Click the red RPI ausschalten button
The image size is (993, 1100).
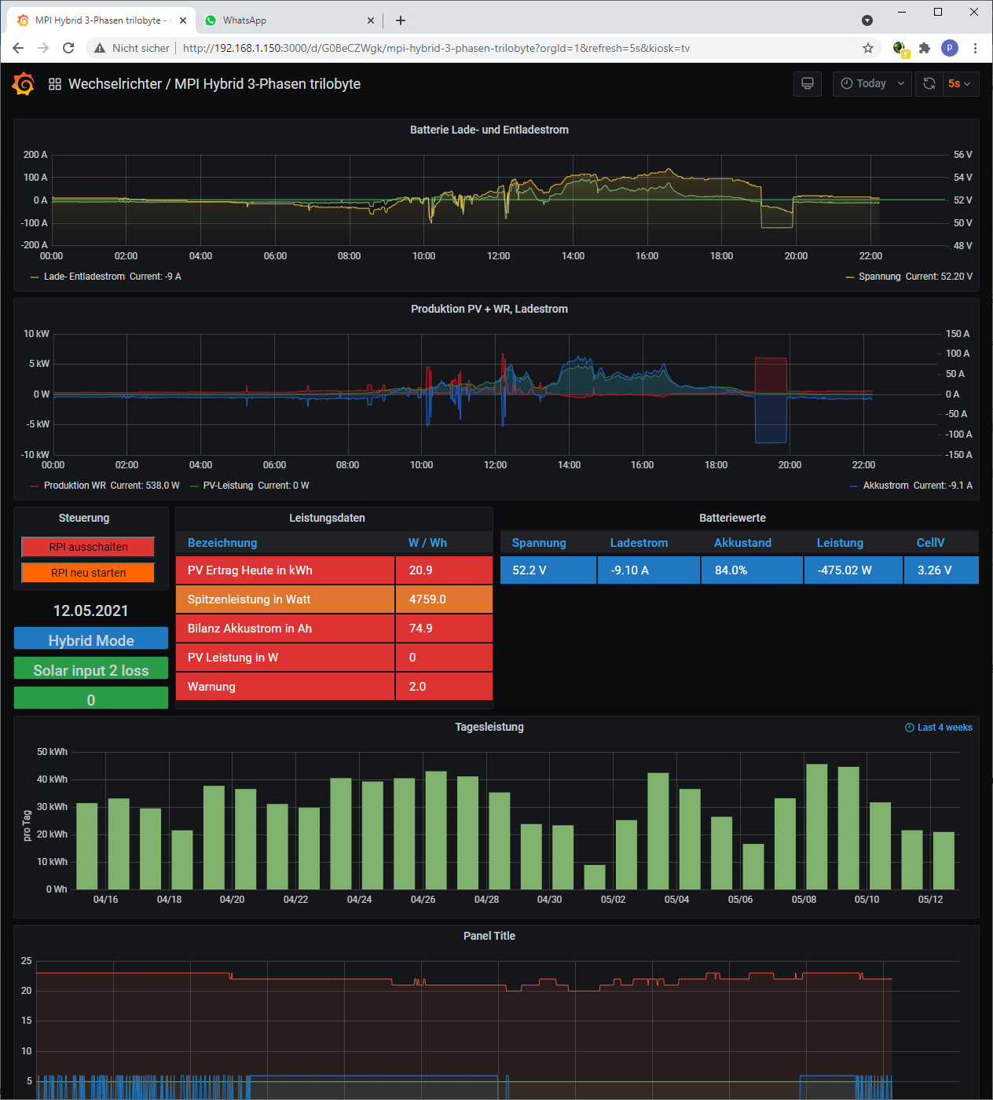[88, 547]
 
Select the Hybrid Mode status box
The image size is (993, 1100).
[91, 640]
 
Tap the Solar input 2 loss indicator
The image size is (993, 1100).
[91, 670]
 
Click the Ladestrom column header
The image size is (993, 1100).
[639, 543]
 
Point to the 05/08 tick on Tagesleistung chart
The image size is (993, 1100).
[804, 900]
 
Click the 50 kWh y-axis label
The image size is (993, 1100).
[52, 752]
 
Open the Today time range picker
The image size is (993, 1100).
[872, 83]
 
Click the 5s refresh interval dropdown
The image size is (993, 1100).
[959, 83]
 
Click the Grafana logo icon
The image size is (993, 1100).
[24, 83]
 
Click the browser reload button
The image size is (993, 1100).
[68, 48]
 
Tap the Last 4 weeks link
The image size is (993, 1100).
[939, 728]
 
